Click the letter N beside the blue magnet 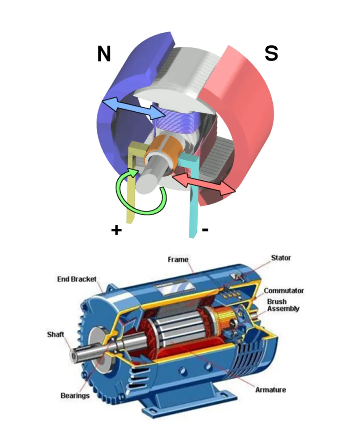[104, 54]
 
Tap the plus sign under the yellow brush [116, 230]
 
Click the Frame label [178, 260]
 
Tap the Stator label [281, 258]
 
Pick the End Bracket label [77, 279]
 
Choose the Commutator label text [284, 291]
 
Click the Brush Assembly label [283, 305]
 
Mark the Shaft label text [55, 335]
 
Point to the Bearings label [75, 395]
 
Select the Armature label [271, 389]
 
